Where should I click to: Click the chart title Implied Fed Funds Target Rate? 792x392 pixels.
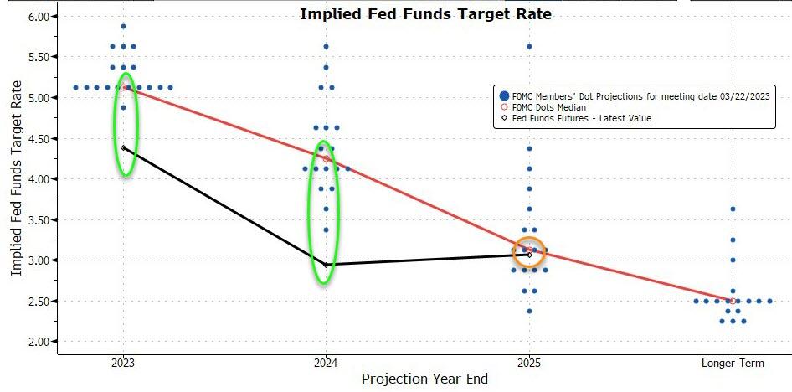pyautogui.click(x=425, y=14)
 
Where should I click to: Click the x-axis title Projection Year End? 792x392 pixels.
pyautogui.click(x=424, y=379)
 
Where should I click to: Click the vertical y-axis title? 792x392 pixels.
pyautogui.click(x=17, y=184)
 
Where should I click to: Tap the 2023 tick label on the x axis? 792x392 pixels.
pyautogui.click(x=124, y=363)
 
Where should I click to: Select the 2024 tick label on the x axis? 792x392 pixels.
pyautogui.click(x=327, y=363)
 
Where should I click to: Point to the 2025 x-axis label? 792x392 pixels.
pyautogui.click(x=529, y=363)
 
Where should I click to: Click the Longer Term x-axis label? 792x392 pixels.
pyautogui.click(x=733, y=363)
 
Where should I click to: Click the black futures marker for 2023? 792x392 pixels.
pyautogui.click(x=124, y=147)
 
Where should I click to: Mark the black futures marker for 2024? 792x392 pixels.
pyautogui.click(x=327, y=265)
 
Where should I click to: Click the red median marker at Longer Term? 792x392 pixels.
pyautogui.click(x=733, y=301)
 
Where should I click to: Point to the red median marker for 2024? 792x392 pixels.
pyautogui.click(x=327, y=158)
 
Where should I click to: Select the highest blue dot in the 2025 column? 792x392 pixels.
pyautogui.click(x=529, y=46)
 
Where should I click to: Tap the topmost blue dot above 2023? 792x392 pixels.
pyautogui.click(x=124, y=26)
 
